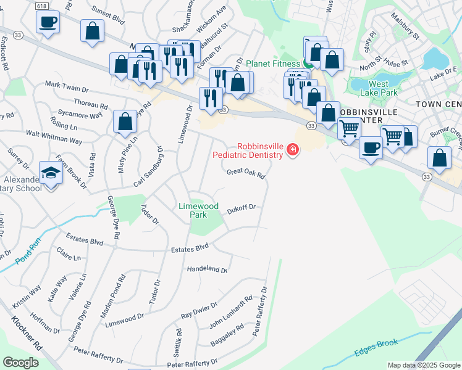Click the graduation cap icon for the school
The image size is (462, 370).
51,172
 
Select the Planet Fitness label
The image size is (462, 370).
273,64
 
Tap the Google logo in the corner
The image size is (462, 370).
20,362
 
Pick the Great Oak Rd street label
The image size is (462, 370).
246,173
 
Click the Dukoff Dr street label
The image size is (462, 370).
240,208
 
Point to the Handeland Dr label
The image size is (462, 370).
207,269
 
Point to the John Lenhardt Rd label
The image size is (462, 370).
231,312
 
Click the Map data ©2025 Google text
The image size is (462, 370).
423,365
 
